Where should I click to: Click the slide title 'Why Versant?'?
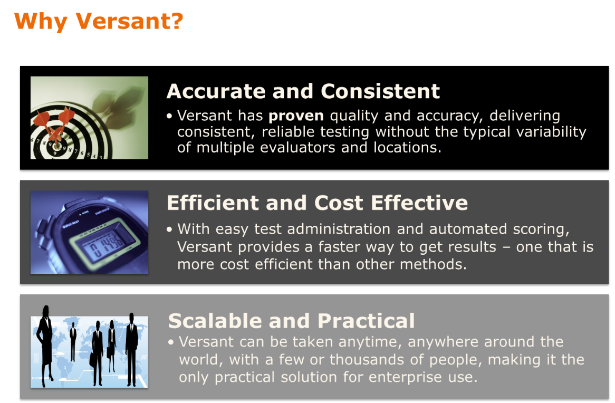tap(99, 22)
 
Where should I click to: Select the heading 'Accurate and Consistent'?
tap(303, 91)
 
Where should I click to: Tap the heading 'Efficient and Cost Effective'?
tap(317, 203)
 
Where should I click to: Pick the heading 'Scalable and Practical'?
tap(291, 321)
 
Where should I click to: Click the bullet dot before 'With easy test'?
tap(169, 229)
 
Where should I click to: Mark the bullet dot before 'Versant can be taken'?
tap(171, 342)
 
